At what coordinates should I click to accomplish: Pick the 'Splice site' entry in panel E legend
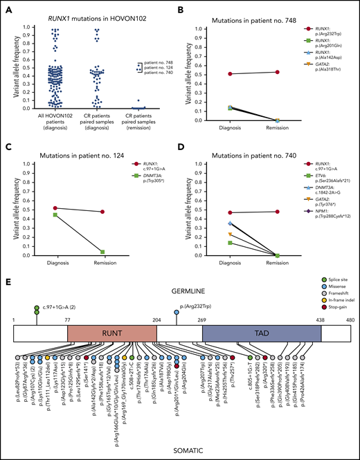[332, 297]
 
